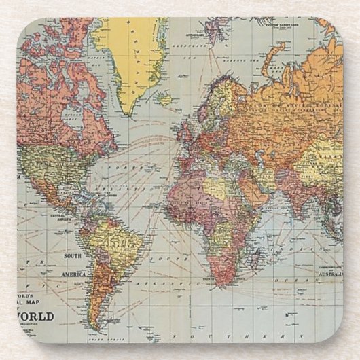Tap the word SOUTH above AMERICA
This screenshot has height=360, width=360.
(x=73, y=256)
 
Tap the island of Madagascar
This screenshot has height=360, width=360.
(x=257, y=256)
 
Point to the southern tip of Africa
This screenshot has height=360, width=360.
(x=222, y=280)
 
